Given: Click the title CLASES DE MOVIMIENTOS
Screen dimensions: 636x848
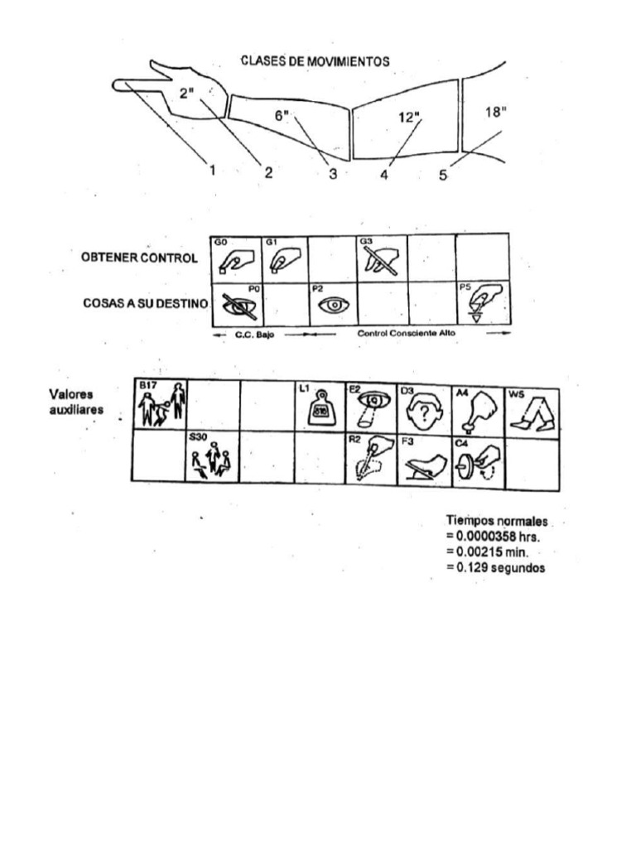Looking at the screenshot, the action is click(315, 60).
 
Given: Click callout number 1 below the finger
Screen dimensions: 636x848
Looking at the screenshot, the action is click(212, 171).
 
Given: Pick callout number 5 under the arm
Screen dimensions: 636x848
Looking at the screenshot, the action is click(443, 175).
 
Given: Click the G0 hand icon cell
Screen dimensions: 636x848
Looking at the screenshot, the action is click(235, 258).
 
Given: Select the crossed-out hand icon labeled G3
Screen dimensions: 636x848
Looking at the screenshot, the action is click(381, 258).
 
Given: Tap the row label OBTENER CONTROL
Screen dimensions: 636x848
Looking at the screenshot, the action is click(139, 258).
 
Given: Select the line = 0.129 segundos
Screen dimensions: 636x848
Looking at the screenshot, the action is click(495, 567).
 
